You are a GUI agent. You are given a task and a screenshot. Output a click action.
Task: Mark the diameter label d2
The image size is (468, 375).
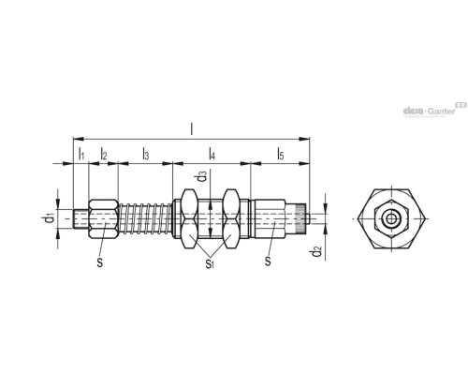point(317,250)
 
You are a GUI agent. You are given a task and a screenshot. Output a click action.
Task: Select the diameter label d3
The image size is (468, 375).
point(201,178)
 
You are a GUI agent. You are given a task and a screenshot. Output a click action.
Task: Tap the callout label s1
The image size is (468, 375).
point(210,263)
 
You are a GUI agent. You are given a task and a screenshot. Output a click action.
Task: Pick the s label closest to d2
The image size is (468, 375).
point(268,263)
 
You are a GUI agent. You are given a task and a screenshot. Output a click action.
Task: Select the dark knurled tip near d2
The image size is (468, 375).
point(299,219)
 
